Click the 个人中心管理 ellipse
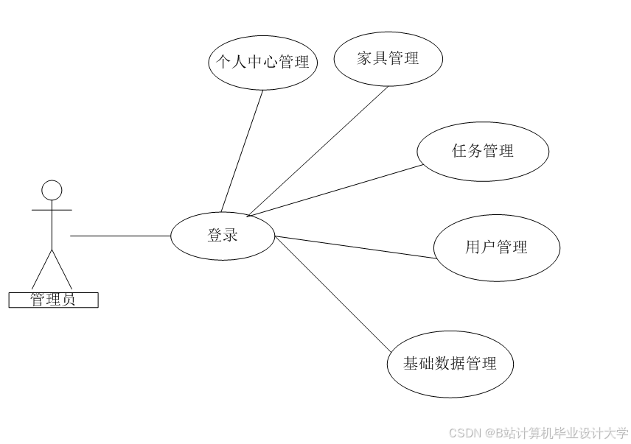(263, 62)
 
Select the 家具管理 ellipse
(388, 59)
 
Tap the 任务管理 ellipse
(483, 152)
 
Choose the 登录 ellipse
(223, 236)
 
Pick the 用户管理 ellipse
(496, 247)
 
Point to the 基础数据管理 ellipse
(450, 364)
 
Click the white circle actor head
(52, 191)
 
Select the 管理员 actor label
(53, 300)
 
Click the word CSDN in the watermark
(464, 432)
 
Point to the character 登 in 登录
(215, 236)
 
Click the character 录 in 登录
(231, 236)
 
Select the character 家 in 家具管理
(364, 59)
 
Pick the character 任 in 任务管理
(459, 152)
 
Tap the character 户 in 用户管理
(488, 247)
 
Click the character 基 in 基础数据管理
(411, 364)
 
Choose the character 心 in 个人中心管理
(271, 62)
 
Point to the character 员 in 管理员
(68, 300)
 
